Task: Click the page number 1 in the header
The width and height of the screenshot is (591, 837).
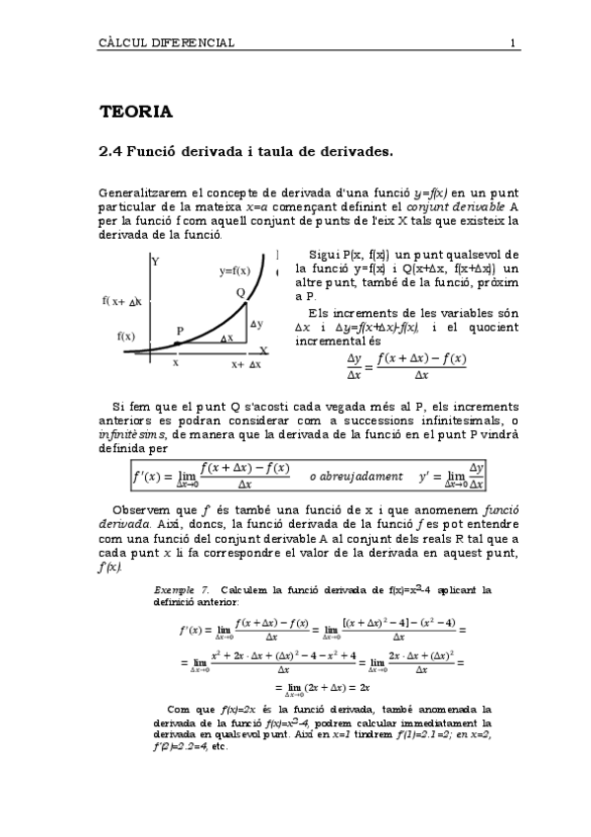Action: [x=514, y=42]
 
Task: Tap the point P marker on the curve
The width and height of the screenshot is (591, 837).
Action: [x=177, y=343]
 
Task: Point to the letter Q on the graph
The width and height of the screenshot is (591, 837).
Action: [x=240, y=292]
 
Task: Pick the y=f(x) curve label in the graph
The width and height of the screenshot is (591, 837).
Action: [x=235, y=270]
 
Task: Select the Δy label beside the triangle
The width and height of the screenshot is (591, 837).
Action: [x=257, y=324]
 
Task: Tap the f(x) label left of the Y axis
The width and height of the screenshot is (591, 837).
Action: [x=126, y=336]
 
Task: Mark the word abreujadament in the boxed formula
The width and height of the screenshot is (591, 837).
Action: [x=355, y=476]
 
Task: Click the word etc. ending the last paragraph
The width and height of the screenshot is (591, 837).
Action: [x=219, y=745]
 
